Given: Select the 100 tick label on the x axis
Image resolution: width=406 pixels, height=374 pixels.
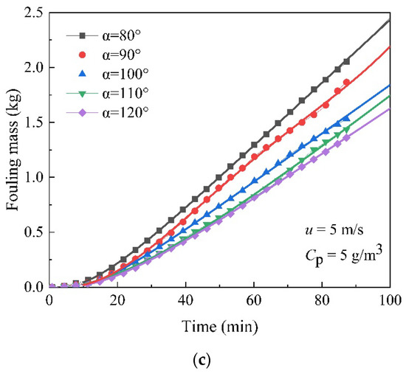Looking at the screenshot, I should pyautogui.click(x=389, y=300).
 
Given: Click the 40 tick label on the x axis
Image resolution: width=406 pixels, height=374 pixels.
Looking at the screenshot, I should pyautogui.click(x=185, y=300).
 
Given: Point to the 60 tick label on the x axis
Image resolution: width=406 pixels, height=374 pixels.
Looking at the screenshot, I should pyautogui.click(x=253, y=300).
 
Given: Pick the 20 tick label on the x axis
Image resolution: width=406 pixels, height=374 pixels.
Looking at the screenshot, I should pyautogui.click(x=117, y=300).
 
